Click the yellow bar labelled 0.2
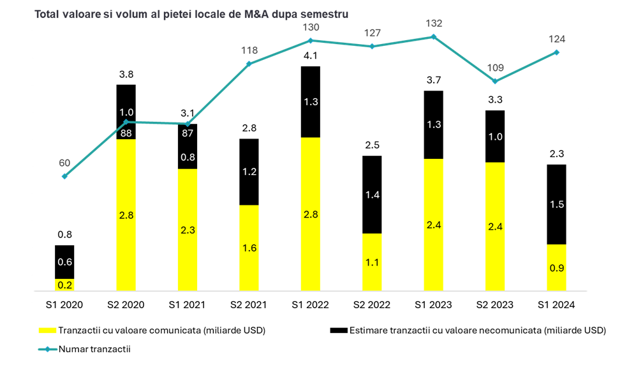[64, 285]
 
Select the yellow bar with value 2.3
[188, 230]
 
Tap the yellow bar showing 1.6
[249, 248]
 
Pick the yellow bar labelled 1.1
[372, 262]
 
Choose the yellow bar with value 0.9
[556, 267]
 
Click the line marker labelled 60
[64, 176]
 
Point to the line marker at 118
[249, 64]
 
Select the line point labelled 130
[311, 40]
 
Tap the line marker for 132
[434, 36]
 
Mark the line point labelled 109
[495, 81]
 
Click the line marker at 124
[556, 52]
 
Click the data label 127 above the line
[372, 33]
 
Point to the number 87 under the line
[188, 134]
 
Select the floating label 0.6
[64, 262]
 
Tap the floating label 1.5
[556, 204]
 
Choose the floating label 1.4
[372, 195]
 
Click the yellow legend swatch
[48, 330]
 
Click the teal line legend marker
[47, 349]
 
